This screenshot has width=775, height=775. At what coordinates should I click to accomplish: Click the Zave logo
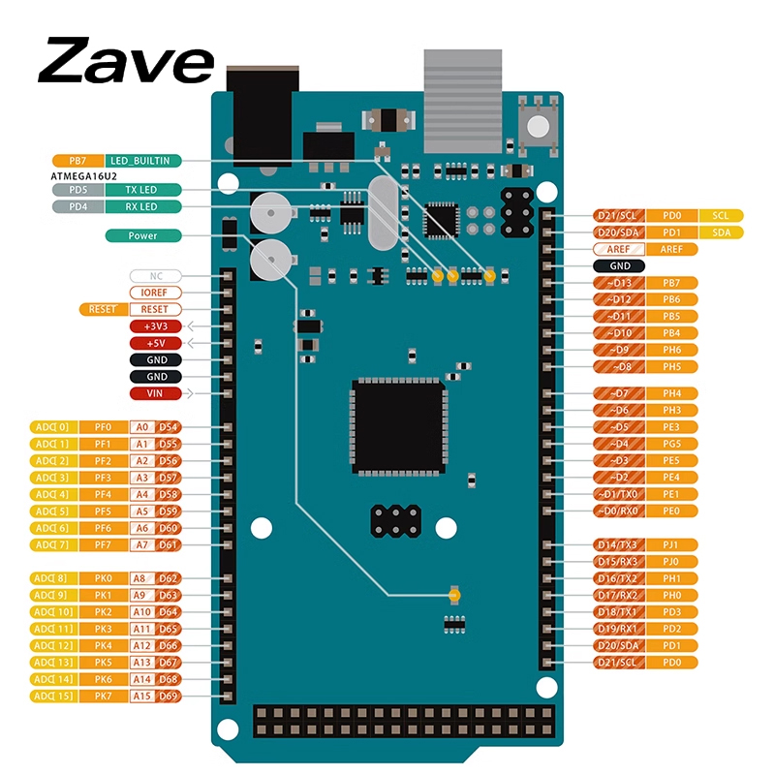click(x=126, y=62)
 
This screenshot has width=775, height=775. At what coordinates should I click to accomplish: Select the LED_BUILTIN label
click(x=140, y=160)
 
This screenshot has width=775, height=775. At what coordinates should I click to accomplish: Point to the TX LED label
click(x=140, y=190)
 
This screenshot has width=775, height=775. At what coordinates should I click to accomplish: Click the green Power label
click(x=142, y=235)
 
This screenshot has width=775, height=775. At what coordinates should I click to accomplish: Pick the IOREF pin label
click(x=155, y=292)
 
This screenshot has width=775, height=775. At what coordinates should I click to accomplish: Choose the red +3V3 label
click(x=155, y=326)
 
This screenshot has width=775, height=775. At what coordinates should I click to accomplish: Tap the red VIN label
click(x=155, y=393)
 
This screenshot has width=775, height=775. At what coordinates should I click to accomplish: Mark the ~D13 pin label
click(x=617, y=283)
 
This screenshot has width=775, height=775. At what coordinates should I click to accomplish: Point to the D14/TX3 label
click(x=617, y=544)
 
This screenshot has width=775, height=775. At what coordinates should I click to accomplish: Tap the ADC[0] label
click(x=51, y=426)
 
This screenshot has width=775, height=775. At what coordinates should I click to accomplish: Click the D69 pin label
click(x=169, y=696)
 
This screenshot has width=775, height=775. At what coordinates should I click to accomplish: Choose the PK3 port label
click(x=103, y=629)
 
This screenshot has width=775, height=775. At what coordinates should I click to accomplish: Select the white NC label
click(x=155, y=275)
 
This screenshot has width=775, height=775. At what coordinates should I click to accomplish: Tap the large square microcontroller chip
click(x=399, y=427)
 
